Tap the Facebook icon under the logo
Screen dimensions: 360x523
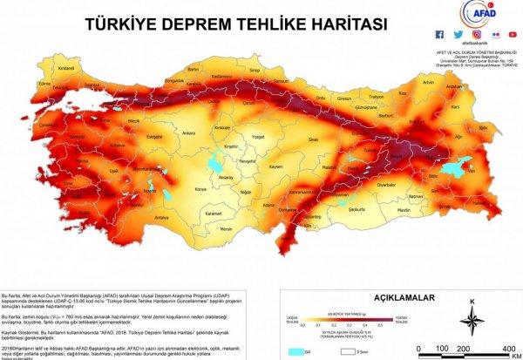click(x=439, y=35)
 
